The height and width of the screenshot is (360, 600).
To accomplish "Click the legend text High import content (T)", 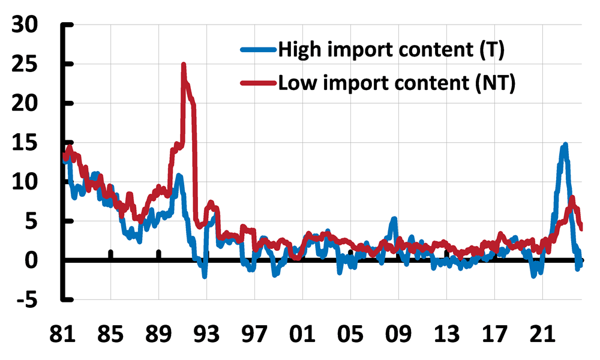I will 390,52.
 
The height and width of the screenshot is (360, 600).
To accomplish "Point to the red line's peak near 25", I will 184,65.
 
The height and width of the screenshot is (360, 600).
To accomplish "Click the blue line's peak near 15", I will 565,145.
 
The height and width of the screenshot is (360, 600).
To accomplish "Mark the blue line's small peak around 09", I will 394,219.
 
